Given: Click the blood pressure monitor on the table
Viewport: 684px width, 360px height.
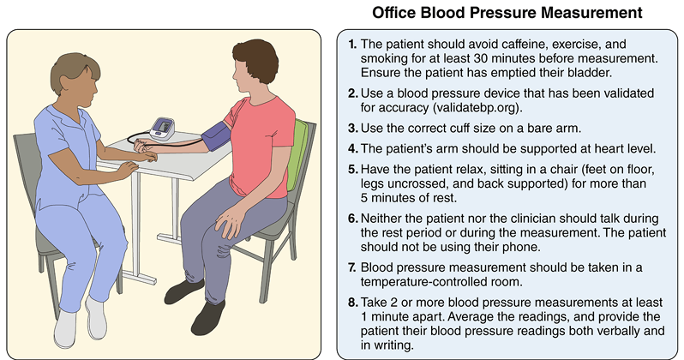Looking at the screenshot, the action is [x=162, y=129].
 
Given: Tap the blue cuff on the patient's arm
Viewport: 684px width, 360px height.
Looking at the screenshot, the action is [x=217, y=136].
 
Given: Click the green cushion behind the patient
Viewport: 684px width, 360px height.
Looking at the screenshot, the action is [x=298, y=154].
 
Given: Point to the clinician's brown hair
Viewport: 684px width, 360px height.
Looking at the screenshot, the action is [x=74, y=70].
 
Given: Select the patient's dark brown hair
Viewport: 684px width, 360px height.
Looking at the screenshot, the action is [x=256, y=59].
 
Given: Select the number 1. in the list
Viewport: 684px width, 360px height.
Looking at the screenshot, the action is [x=352, y=44].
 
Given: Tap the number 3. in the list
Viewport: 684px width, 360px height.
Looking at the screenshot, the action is [x=353, y=129].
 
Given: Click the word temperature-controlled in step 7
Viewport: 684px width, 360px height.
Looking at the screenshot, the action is [x=441, y=282].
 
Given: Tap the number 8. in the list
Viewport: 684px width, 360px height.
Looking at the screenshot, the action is [x=353, y=303].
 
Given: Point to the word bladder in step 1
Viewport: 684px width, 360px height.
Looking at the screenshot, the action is [x=594, y=73].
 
